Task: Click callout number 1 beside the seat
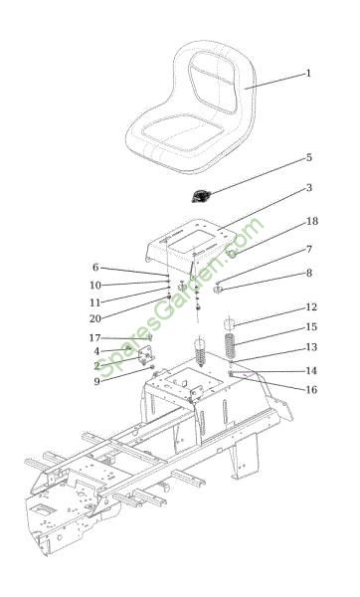(308, 73)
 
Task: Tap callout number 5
(309, 157)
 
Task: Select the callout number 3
(309, 188)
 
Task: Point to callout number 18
(312, 221)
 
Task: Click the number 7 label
(309, 249)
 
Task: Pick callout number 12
(311, 306)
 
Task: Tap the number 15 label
(311, 327)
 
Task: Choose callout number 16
(311, 389)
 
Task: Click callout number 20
(95, 318)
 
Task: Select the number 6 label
(95, 268)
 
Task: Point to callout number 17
(94, 337)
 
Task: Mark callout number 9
(97, 381)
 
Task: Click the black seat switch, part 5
(200, 196)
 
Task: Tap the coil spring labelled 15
(230, 345)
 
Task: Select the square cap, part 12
(229, 324)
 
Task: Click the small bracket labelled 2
(145, 355)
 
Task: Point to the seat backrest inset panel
(213, 82)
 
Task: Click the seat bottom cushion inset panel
(183, 133)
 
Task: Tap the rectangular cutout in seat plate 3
(191, 242)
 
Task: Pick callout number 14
(311, 370)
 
